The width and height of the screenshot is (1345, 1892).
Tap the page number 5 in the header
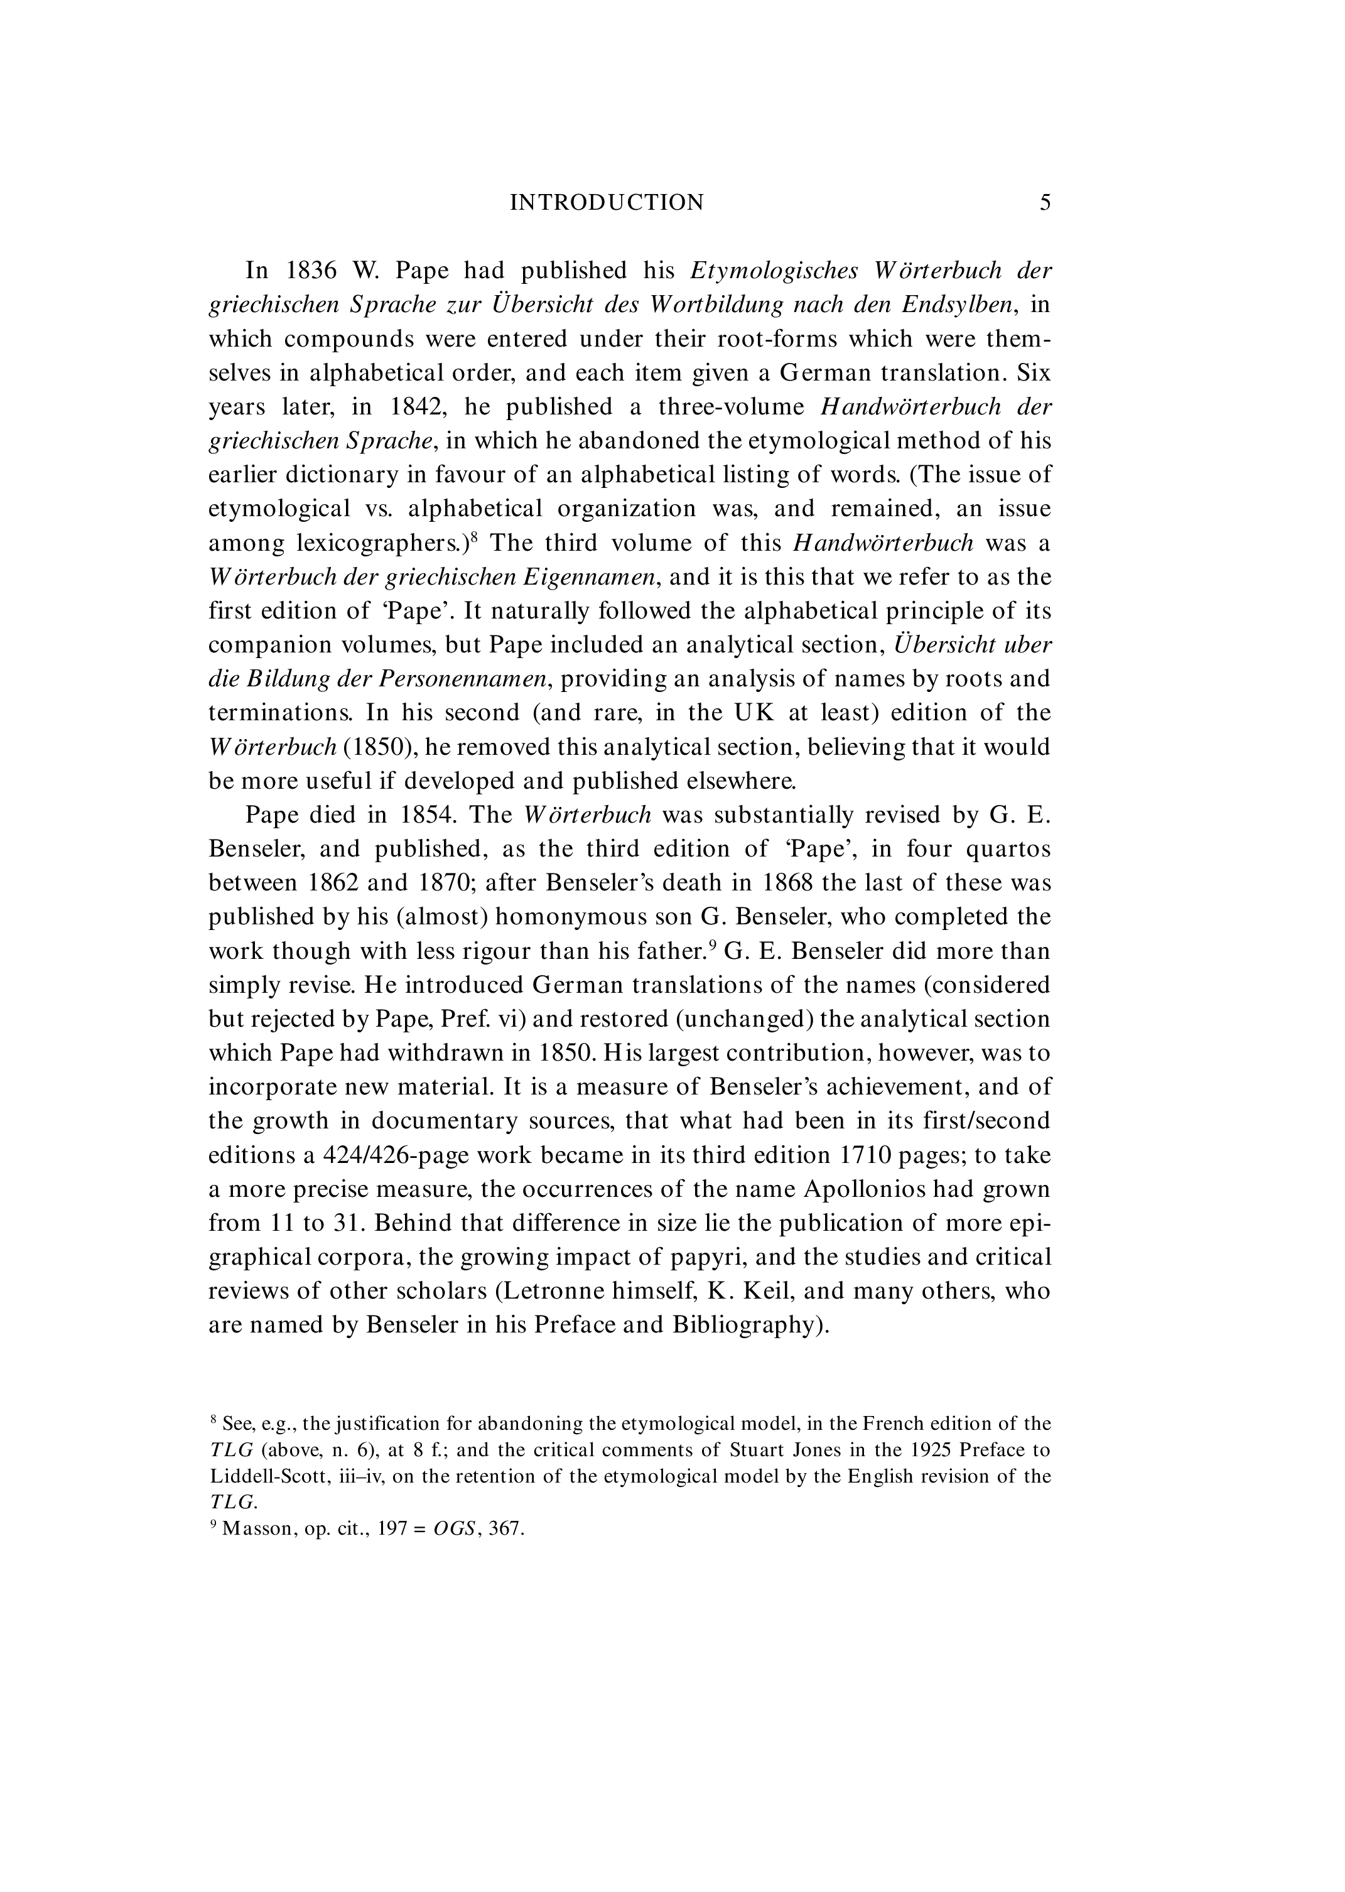[x=1045, y=203]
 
